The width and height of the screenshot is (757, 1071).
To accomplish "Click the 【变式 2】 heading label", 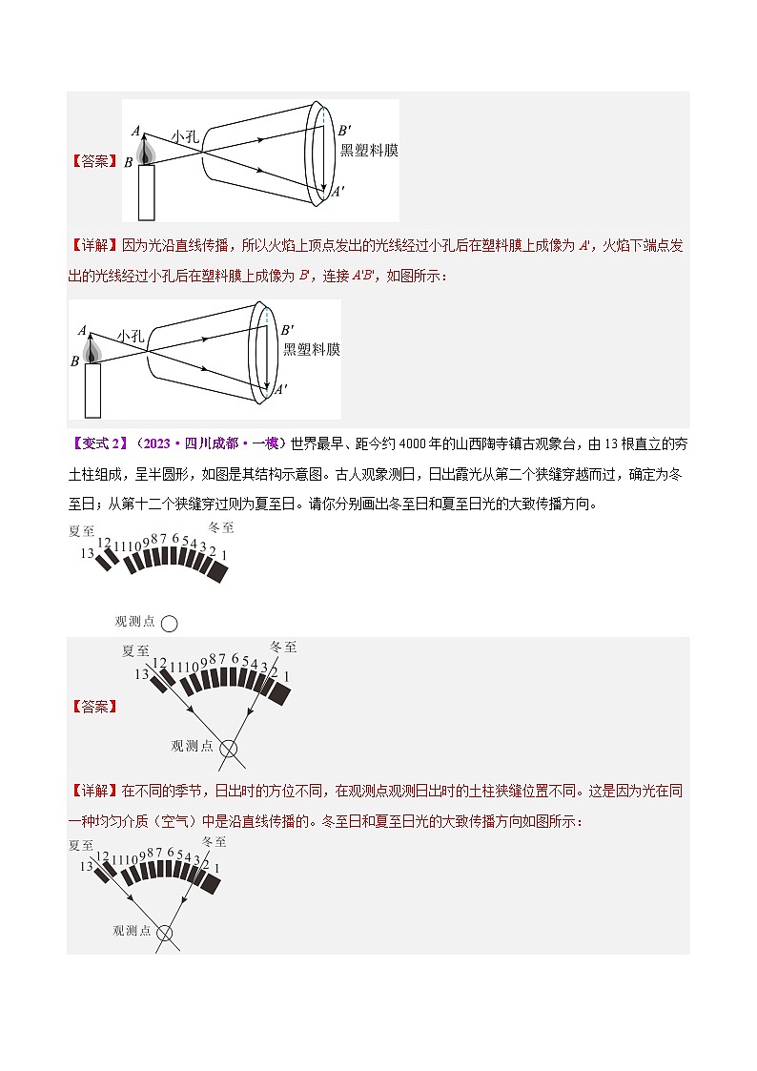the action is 98,443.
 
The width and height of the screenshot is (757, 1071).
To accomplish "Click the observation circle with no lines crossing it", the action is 169,624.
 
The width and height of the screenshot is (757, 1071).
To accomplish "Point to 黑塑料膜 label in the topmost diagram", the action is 369,151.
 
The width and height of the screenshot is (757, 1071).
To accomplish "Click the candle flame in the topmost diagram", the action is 146,151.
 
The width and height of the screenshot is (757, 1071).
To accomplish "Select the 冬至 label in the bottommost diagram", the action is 215,842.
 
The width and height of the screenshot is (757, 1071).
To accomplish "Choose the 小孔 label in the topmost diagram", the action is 185,135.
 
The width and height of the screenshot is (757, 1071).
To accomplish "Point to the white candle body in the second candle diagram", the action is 92,390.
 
